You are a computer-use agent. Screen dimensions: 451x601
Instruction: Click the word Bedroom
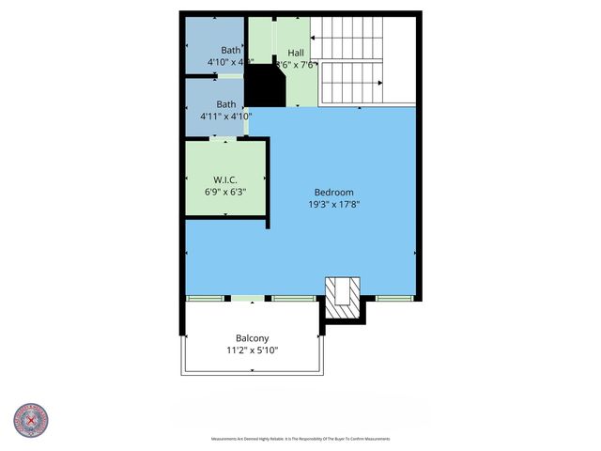pyautogui.click(x=333, y=192)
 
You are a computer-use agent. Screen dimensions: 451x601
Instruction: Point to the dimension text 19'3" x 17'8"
pyautogui.click(x=333, y=204)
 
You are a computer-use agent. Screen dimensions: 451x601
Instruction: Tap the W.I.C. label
pyautogui.click(x=224, y=179)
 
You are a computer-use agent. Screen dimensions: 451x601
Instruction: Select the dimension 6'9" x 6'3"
pyautogui.click(x=224, y=191)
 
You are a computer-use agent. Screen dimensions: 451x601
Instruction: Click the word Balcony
pyautogui.click(x=252, y=338)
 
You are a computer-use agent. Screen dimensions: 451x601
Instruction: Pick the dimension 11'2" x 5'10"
pyautogui.click(x=252, y=350)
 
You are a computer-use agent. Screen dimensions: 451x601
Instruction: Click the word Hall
pyautogui.click(x=296, y=53)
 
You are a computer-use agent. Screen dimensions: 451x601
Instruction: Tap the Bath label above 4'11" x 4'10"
pyautogui.click(x=226, y=104)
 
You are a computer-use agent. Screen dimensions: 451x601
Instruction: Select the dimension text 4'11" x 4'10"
pyautogui.click(x=226, y=117)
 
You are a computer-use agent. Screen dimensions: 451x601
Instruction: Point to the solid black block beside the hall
pyautogui.click(x=265, y=86)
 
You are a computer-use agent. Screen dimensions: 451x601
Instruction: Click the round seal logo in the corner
pyautogui.click(x=31, y=421)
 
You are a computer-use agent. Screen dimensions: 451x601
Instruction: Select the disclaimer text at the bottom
pyautogui.click(x=300, y=439)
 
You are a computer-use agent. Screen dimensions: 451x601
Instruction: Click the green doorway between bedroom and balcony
pyautogui.click(x=249, y=299)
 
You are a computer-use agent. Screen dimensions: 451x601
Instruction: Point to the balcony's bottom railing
pyautogui.click(x=252, y=373)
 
